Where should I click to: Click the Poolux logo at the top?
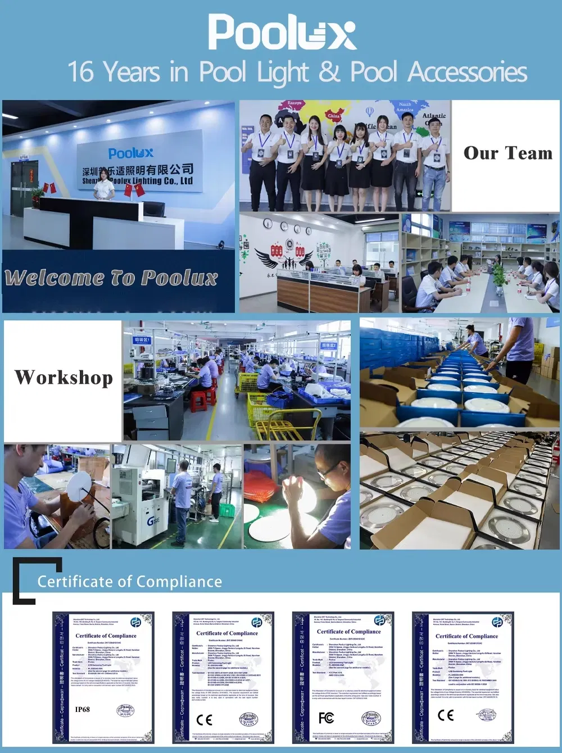[x=282, y=32]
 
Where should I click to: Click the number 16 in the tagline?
[x=81, y=72]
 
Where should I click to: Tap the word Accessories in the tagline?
[x=468, y=72]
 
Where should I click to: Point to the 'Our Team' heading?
[x=507, y=153]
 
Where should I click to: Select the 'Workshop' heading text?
[x=64, y=378]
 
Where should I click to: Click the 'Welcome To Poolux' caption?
[x=111, y=278]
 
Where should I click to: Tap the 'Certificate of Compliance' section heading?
[x=129, y=582]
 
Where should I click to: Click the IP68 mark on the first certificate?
[x=82, y=709]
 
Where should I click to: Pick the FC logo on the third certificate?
[x=326, y=718]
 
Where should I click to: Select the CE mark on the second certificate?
[x=205, y=719]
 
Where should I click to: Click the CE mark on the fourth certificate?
[x=446, y=715]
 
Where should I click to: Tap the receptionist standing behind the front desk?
[x=104, y=184]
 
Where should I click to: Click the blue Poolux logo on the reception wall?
[x=130, y=153]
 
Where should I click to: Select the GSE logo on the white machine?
[x=153, y=521]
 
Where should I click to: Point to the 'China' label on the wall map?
[x=334, y=116]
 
